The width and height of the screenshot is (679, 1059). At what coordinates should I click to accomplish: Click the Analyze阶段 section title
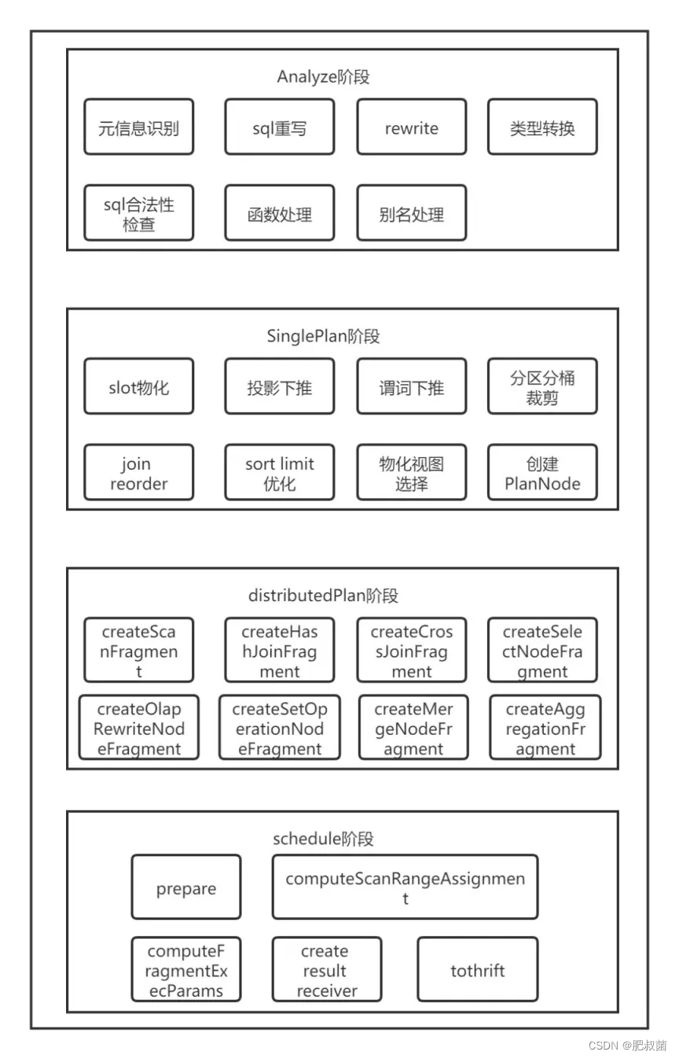[323, 77]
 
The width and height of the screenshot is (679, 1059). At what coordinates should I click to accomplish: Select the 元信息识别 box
[138, 127]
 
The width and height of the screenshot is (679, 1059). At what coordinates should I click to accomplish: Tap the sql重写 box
[279, 127]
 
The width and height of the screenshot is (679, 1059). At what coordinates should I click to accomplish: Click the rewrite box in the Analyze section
[411, 127]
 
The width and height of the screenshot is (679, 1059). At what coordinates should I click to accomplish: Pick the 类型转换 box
[542, 127]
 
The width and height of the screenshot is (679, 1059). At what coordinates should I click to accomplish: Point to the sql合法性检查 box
[138, 213]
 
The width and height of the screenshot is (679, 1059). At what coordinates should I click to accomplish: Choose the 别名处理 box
[411, 213]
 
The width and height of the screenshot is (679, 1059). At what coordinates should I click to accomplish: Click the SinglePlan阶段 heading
[323, 337]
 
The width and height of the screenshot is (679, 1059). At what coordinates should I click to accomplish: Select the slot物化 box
[138, 386]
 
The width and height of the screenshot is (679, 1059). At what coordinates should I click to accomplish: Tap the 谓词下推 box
[411, 386]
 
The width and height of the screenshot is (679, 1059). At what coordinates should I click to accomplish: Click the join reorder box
[138, 473]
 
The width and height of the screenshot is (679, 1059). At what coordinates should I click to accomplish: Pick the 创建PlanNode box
[542, 473]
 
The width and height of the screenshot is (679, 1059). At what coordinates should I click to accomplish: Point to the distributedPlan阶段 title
[323, 596]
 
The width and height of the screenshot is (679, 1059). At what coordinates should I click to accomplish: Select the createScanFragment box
[138, 651]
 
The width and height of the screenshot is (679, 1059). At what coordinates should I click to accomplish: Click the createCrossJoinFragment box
[411, 651]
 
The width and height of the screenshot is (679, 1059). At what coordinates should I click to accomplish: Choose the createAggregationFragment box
[545, 728]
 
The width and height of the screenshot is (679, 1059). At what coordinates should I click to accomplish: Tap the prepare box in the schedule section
[186, 888]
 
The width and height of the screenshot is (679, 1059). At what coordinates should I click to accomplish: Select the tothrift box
[478, 969]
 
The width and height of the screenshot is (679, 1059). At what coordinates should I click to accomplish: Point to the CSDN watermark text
[626, 1045]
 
